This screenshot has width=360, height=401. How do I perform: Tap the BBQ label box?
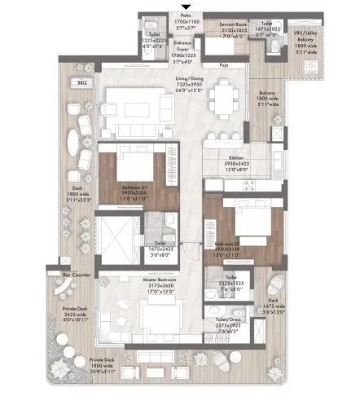[81, 82]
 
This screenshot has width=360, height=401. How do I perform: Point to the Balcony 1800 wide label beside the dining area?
[266, 122]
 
